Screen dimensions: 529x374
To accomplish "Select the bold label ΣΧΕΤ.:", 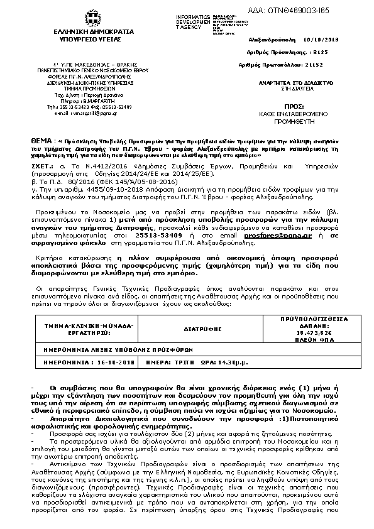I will (43, 167).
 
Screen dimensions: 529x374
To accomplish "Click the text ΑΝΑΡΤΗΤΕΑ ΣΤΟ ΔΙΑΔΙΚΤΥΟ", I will (289, 82).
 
